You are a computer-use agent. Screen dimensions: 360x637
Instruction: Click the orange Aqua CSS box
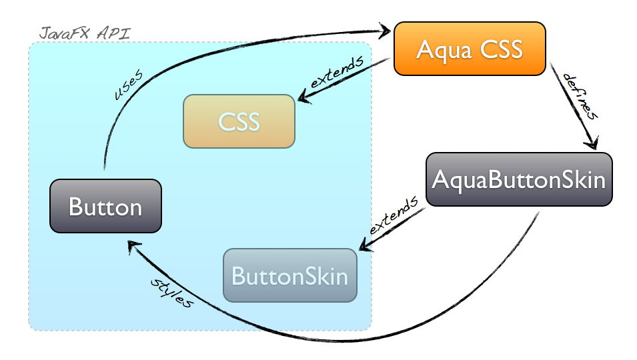470,49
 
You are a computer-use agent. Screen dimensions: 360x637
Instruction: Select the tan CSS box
239,121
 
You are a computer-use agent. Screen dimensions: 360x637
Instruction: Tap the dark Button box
105,206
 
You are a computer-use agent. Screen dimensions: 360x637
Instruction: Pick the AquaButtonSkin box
518,179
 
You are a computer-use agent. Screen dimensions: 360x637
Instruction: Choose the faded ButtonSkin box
289,275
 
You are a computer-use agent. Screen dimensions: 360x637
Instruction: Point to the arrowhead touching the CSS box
303,99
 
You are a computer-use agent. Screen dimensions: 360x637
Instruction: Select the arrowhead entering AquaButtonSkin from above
592,143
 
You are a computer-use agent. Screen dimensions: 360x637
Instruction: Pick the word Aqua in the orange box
441,49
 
